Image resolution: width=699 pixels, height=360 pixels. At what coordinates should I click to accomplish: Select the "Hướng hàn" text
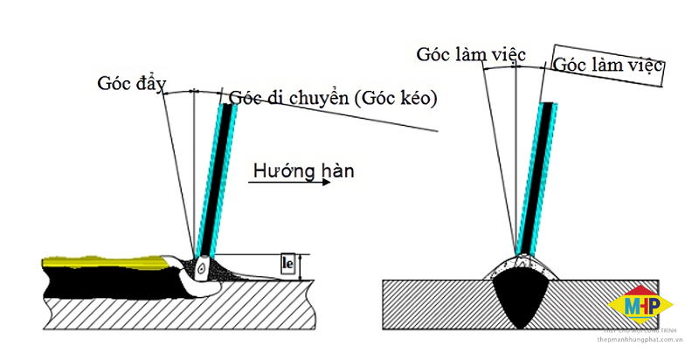(x=301, y=170)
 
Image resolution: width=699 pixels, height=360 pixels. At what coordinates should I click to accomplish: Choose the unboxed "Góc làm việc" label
(x=470, y=54)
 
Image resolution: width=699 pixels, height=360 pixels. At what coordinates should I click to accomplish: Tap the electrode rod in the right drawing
(x=539, y=175)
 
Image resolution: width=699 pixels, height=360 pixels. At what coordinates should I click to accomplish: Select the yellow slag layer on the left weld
(x=105, y=260)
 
